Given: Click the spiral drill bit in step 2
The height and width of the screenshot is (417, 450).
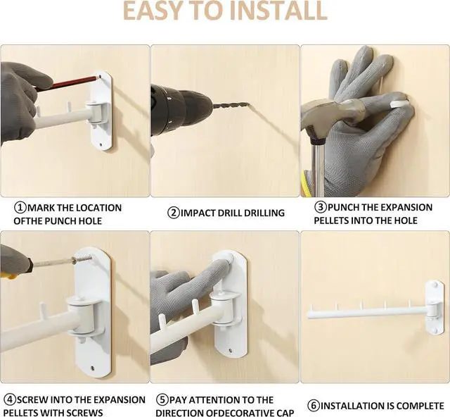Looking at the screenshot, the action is pyautogui.click(x=231, y=106).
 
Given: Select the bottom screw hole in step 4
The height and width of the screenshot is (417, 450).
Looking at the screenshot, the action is pyautogui.click(x=92, y=368).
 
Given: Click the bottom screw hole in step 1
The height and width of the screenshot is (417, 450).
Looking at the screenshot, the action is pyautogui.click(x=100, y=144).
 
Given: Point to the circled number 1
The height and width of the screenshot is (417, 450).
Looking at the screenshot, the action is pyautogui.click(x=20, y=208).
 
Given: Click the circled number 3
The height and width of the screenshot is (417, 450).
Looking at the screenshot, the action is pyautogui.click(x=321, y=207).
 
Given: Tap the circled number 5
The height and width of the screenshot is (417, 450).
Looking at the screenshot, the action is pyautogui.click(x=162, y=400).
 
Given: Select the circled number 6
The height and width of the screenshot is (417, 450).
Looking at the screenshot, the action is pyautogui.click(x=314, y=406).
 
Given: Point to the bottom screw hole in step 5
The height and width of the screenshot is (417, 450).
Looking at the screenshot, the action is pyautogui.click(x=230, y=351).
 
